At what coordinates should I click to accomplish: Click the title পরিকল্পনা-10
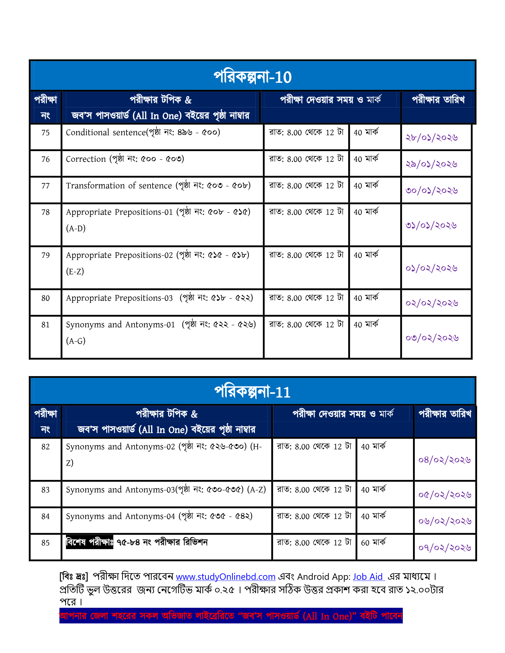point(252,77)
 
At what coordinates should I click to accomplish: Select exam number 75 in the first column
point(45,133)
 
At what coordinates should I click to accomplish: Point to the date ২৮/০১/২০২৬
point(431,137)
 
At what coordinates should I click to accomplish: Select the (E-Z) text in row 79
point(75,271)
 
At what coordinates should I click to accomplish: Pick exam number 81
point(45,325)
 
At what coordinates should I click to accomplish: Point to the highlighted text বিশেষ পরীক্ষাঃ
point(90,542)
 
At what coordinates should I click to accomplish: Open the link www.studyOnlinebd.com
point(225,577)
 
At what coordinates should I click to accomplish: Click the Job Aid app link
point(368,577)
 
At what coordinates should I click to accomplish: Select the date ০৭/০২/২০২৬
point(445,547)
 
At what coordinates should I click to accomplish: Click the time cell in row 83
point(314,490)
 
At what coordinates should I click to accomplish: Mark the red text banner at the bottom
point(231,616)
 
